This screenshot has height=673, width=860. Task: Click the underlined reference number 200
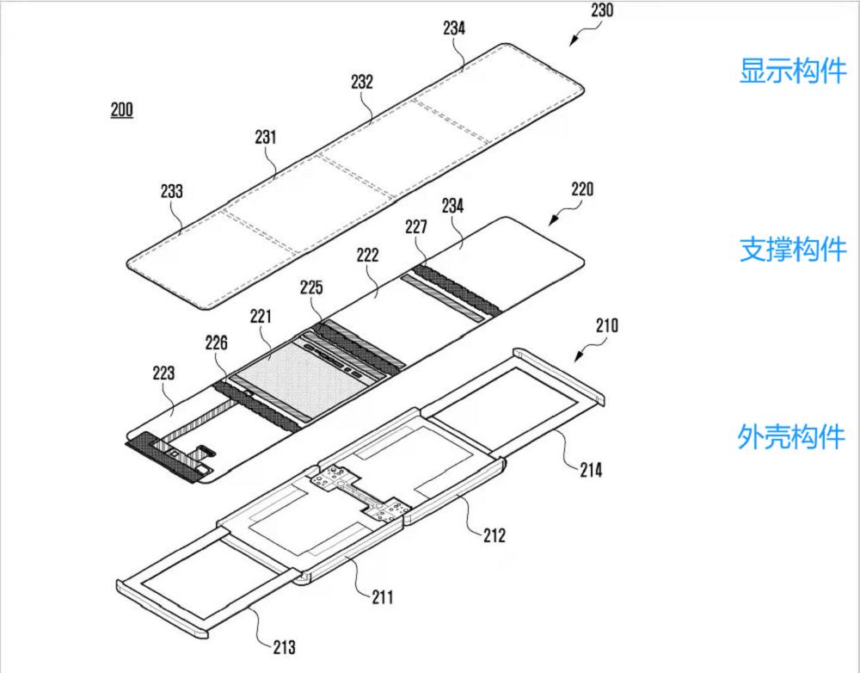(x=121, y=110)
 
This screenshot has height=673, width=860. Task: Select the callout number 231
(x=267, y=136)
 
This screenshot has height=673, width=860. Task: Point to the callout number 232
(x=362, y=82)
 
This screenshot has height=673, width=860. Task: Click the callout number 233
(x=172, y=191)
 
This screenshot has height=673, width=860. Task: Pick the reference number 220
(x=582, y=188)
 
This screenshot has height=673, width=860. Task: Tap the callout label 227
(x=416, y=227)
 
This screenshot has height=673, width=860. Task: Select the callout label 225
(x=311, y=287)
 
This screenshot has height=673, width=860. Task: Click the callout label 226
(x=217, y=343)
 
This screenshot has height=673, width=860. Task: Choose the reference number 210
(x=606, y=326)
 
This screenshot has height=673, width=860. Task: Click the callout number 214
(x=591, y=470)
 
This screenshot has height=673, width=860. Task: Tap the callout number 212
(x=494, y=535)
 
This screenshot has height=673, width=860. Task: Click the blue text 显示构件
(x=792, y=71)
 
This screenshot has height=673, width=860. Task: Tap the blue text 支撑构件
(x=792, y=250)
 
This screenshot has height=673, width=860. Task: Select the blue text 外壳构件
(x=792, y=436)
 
